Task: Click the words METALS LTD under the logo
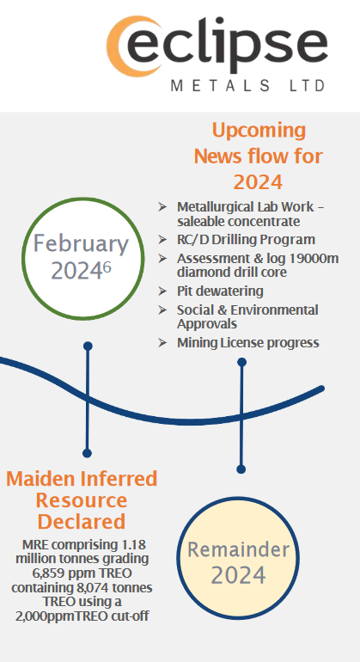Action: point(248,86)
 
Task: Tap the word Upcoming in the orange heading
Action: point(259,132)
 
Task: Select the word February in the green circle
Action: point(81,243)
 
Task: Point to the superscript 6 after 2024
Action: point(107,267)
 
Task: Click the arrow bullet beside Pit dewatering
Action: point(162,291)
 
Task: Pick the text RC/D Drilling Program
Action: point(246,240)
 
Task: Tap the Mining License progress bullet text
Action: point(248,343)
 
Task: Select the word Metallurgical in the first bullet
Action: point(210,207)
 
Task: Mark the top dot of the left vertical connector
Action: point(88,346)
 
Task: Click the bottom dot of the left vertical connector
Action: point(87,453)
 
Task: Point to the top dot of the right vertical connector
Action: point(241,362)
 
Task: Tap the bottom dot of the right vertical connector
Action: point(241,469)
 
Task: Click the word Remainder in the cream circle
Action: point(239,549)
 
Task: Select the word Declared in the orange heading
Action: point(82,522)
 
